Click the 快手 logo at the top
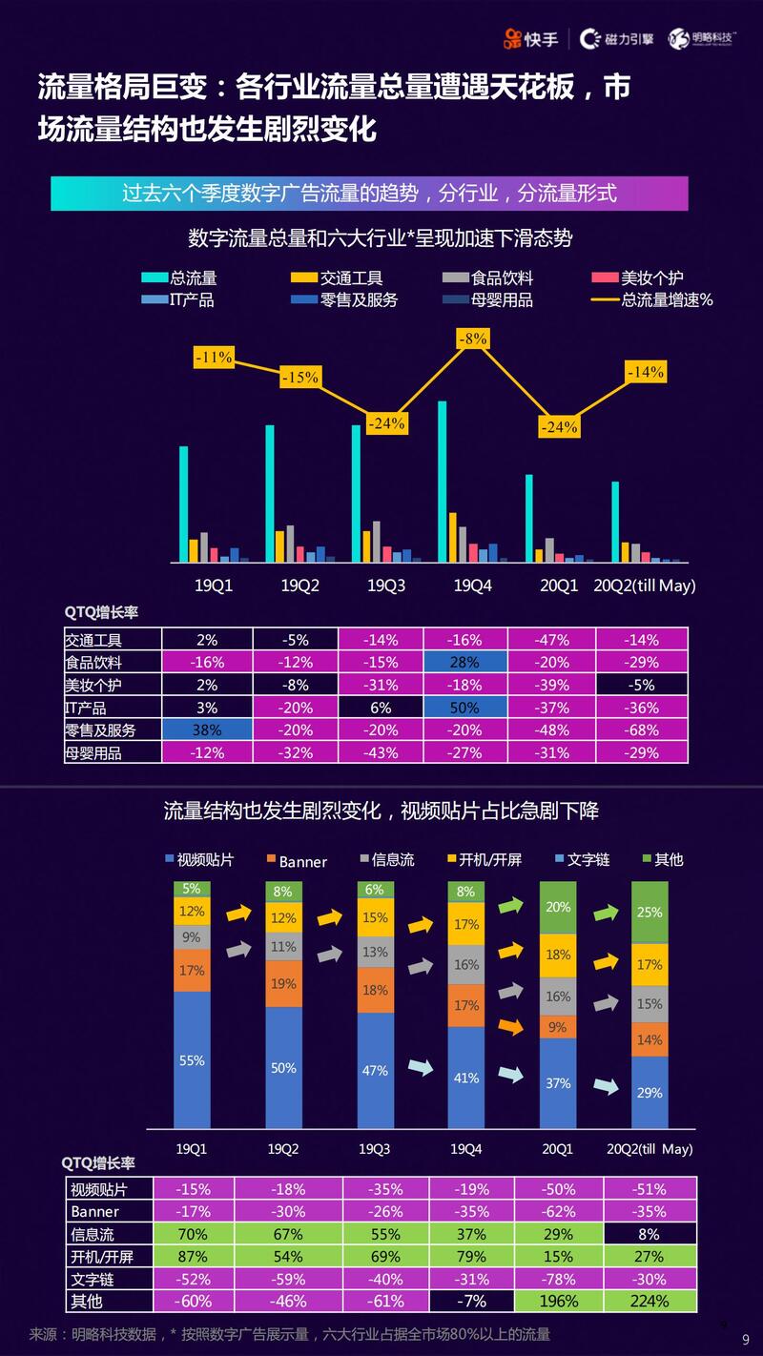(532, 38)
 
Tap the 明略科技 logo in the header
(704, 38)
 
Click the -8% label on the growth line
(473, 339)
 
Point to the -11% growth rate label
(214, 358)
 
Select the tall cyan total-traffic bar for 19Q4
(443, 482)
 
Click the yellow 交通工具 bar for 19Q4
(453, 537)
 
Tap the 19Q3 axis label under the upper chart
(386, 586)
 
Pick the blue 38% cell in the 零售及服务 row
(207, 729)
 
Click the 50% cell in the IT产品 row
(465, 708)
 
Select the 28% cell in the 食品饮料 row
(465, 662)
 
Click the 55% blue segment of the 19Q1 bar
(192, 1059)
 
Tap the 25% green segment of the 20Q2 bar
(650, 913)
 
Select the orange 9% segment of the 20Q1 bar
(558, 1027)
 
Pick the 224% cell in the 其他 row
(649, 1301)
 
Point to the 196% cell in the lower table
(558, 1301)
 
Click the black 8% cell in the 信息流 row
(649, 1234)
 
